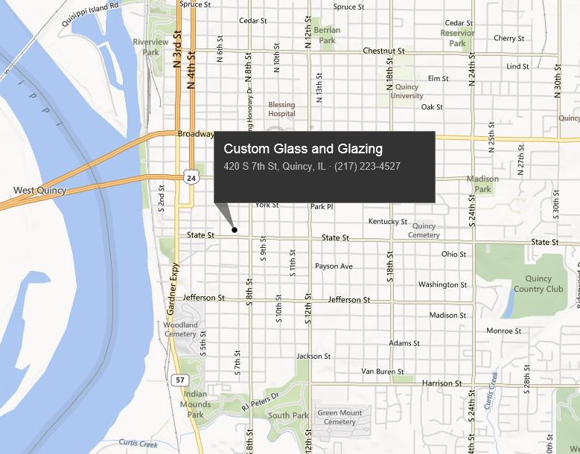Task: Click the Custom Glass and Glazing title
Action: pyautogui.click(x=303, y=149)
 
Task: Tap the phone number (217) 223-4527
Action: pyautogui.click(x=368, y=166)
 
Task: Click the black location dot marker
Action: pyautogui.click(x=235, y=230)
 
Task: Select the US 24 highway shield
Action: pyautogui.click(x=191, y=178)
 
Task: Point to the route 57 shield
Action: pyautogui.click(x=179, y=380)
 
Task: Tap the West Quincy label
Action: pyautogui.click(x=39, y=191)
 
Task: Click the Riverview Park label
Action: pyautogui.click(x=150, y=47)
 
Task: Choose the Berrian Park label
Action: pyautogui.click(x=327, y=35)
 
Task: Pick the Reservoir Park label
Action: pyautogui.click(x=457, y=38)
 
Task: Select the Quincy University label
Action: pyautogui.click(x=407, y=92)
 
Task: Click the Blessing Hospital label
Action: pyautogui.click(x=281, y=109)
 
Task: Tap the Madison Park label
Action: pyautogui.click(x=482, y=184)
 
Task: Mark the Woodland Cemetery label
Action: pyautogui.click(x=180, y=330)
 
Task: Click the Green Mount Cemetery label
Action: pyautogui.click(x=340, y=418)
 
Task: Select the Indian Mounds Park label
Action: pyautogui.click(x=195, y=404)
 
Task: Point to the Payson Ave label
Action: pyautogui.click(x=334, y=266)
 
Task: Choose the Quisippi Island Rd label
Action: pyautogui.click(x=91, y=14)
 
